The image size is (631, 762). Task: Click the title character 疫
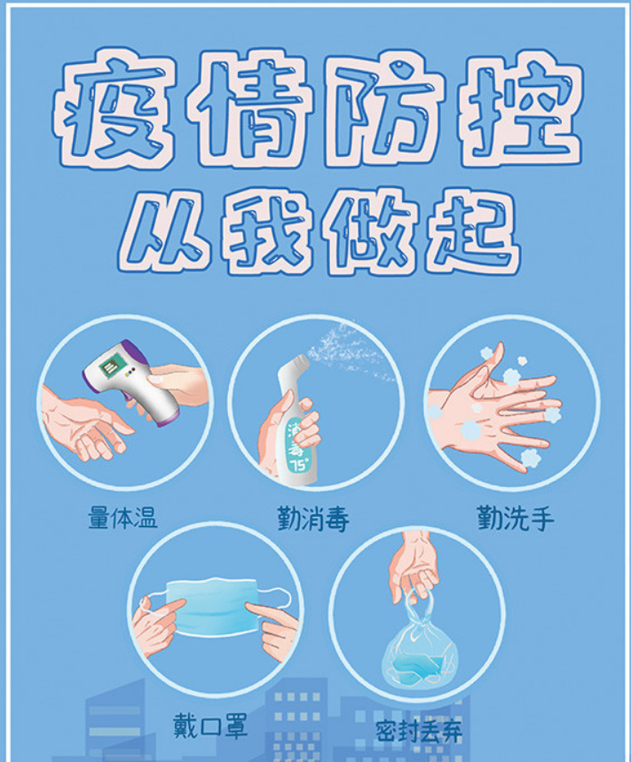pos(114,108)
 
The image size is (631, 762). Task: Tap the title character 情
pos(247,108)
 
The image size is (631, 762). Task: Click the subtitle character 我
pos(266,231)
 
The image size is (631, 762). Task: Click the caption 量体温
pos(122,517)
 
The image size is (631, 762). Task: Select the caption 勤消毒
pos(313,519)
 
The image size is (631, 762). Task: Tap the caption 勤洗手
pos(516,518)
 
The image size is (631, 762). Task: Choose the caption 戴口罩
pos(210,726)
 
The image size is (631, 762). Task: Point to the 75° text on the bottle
pos(297,465)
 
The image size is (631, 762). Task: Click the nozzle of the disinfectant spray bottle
pos(297,365)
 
